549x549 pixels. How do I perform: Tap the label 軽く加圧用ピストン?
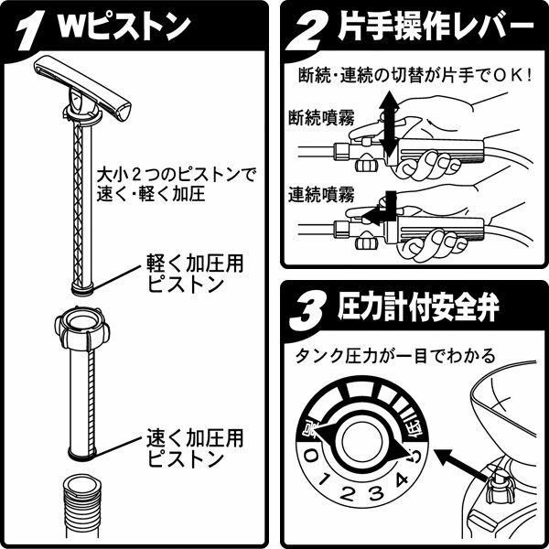[195, 274]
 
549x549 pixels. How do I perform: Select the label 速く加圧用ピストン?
[195, 448]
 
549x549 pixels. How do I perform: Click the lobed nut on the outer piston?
[82, 328]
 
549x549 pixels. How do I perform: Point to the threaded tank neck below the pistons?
[82, 508]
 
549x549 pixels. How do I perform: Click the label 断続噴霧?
[321, 117]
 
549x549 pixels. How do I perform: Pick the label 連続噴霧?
[321, 194]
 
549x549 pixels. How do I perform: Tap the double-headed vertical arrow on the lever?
[389, 124]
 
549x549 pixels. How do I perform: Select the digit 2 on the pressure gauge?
[348, 493]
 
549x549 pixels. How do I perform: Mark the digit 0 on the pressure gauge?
[310, 457]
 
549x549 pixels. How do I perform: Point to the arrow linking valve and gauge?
[462, 465]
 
